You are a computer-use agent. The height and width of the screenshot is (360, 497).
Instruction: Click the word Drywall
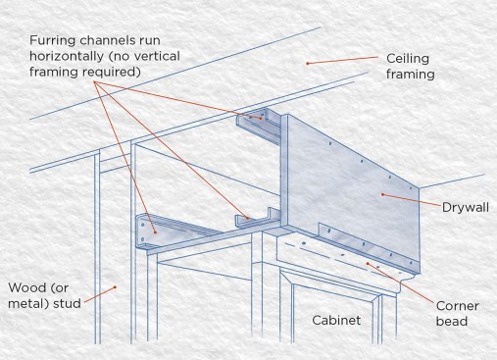point(466,208)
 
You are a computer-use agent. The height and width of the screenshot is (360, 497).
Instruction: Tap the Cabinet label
point(336,320)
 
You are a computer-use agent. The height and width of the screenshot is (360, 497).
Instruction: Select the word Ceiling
point(408,59)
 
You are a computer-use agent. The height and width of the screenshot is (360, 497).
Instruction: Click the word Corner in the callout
point(458,306)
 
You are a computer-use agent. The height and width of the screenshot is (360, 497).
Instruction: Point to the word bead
point(452,321)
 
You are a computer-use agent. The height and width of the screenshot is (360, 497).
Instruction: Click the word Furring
point(53,40)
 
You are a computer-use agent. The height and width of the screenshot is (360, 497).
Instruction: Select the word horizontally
point(67,56)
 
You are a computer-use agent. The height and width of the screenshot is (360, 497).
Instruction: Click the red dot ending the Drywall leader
point(382,194)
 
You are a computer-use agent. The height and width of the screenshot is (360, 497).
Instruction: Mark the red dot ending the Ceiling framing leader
point(307,63)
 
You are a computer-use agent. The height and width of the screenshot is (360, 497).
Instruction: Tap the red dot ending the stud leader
point(115,287)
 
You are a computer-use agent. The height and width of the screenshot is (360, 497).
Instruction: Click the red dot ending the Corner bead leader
point(368,263)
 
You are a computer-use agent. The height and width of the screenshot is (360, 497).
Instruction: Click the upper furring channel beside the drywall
point(258,126)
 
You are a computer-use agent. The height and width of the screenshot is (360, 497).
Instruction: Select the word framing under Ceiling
point(411,75)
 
